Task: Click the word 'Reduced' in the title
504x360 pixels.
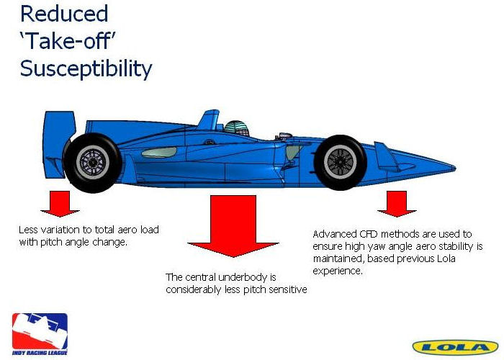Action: [64, 14]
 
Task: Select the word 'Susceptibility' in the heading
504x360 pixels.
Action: [86, 69]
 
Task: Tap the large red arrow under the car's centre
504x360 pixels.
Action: [233, 225]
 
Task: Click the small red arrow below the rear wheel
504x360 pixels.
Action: [60, 204]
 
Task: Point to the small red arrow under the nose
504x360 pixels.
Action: [397, 204]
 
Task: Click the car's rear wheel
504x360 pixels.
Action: [92, 162]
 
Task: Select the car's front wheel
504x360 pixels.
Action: [340, 162]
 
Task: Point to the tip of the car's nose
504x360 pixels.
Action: [455, 168]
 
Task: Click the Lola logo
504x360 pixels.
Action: [455, 347]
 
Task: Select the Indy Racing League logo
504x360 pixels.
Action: [40, 334]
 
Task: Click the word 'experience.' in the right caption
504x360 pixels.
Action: [338, 271]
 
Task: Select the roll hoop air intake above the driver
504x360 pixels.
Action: [210, 120]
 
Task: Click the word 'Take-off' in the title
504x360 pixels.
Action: [68, 42]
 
